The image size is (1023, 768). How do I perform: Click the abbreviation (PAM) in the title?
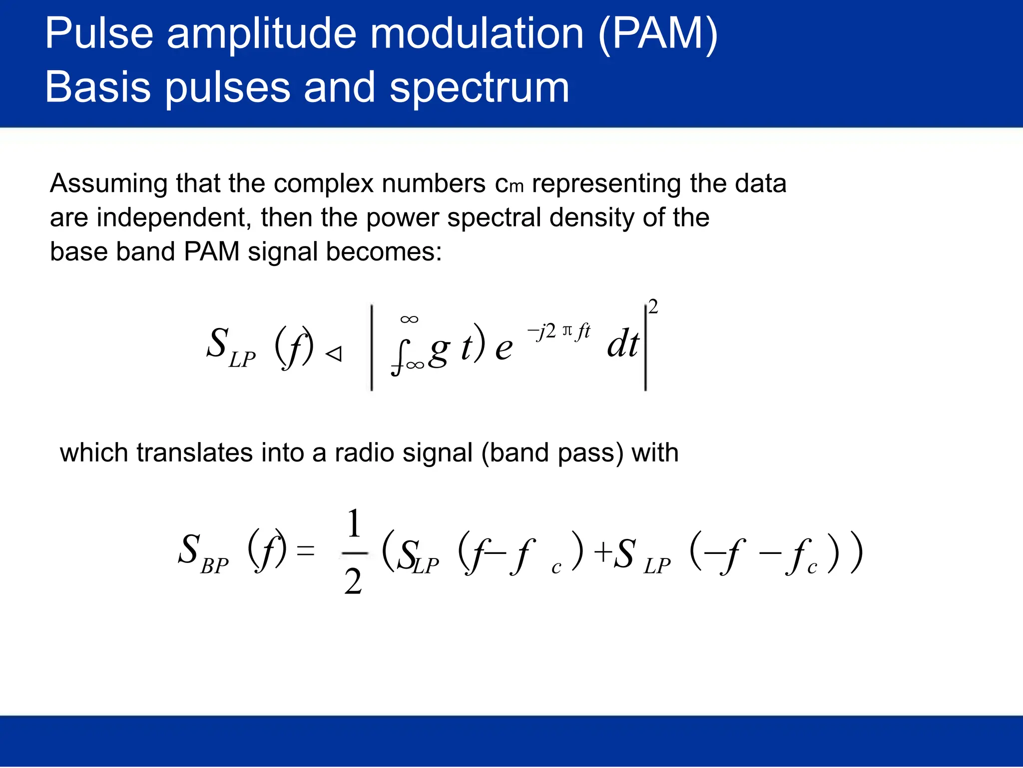(657, 34)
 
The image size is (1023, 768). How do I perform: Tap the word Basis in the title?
(98, 87)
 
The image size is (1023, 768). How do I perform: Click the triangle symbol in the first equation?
(334, 354)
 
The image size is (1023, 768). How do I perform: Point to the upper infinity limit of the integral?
(409, 319)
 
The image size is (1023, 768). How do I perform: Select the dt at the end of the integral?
(622, 344)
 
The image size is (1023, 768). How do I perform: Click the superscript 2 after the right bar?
(652, 306)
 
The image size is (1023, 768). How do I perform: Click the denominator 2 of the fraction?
(353, 582)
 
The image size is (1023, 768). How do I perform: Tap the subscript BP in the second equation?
(214, 566)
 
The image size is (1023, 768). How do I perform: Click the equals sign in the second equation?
(306, 551)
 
